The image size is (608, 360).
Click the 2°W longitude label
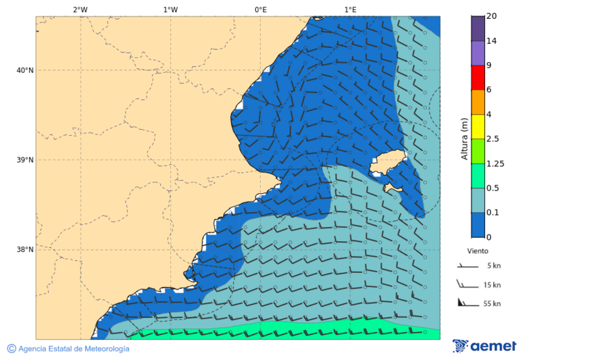[x=80, y=9]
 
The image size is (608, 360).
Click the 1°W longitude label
[x=170, y=9]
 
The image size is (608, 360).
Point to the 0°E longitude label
[x=260, y=9]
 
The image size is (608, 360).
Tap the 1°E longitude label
[x=350, y=9]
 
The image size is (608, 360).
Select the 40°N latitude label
[x=24, y=70]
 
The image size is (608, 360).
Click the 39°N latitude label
[x=24, y=160]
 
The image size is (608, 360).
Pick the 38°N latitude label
[x=24, y=250]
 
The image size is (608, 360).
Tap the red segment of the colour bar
[x=478, y=78]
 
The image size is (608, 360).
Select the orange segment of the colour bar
[x=478, y=102]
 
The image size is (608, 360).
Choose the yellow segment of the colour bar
[x=478, y=127]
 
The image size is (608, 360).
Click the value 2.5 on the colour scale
[x=492, y=139]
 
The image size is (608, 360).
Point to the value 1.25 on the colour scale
[x=495, y=163]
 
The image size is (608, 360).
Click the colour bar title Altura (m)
[x=464, y=138]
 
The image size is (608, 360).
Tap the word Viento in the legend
[x=478, y=251]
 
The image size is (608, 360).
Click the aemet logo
[x=484, y=346]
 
